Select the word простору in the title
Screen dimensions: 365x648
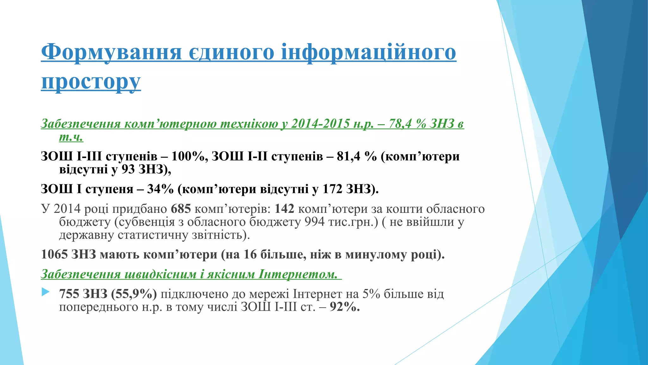click(91, 82)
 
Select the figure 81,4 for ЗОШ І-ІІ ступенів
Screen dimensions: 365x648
click(349, 156)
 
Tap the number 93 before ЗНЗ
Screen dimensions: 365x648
click(128, 170)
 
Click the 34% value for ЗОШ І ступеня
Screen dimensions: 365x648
click(160, 189)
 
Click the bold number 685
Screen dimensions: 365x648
click(181, 209)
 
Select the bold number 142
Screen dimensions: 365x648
click(284, 209)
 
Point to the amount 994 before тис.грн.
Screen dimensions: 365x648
click(315, 222)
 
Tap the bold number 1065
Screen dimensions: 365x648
click(54, 254)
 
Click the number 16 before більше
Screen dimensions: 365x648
click(250, 254)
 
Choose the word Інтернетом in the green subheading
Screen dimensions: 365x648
click(298, 274)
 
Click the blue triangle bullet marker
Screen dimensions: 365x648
click(46, 292)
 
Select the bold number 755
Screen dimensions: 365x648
click(69, 294)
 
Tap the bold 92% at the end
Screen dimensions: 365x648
click(345, 307)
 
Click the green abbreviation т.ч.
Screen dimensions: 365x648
click(71, 137)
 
